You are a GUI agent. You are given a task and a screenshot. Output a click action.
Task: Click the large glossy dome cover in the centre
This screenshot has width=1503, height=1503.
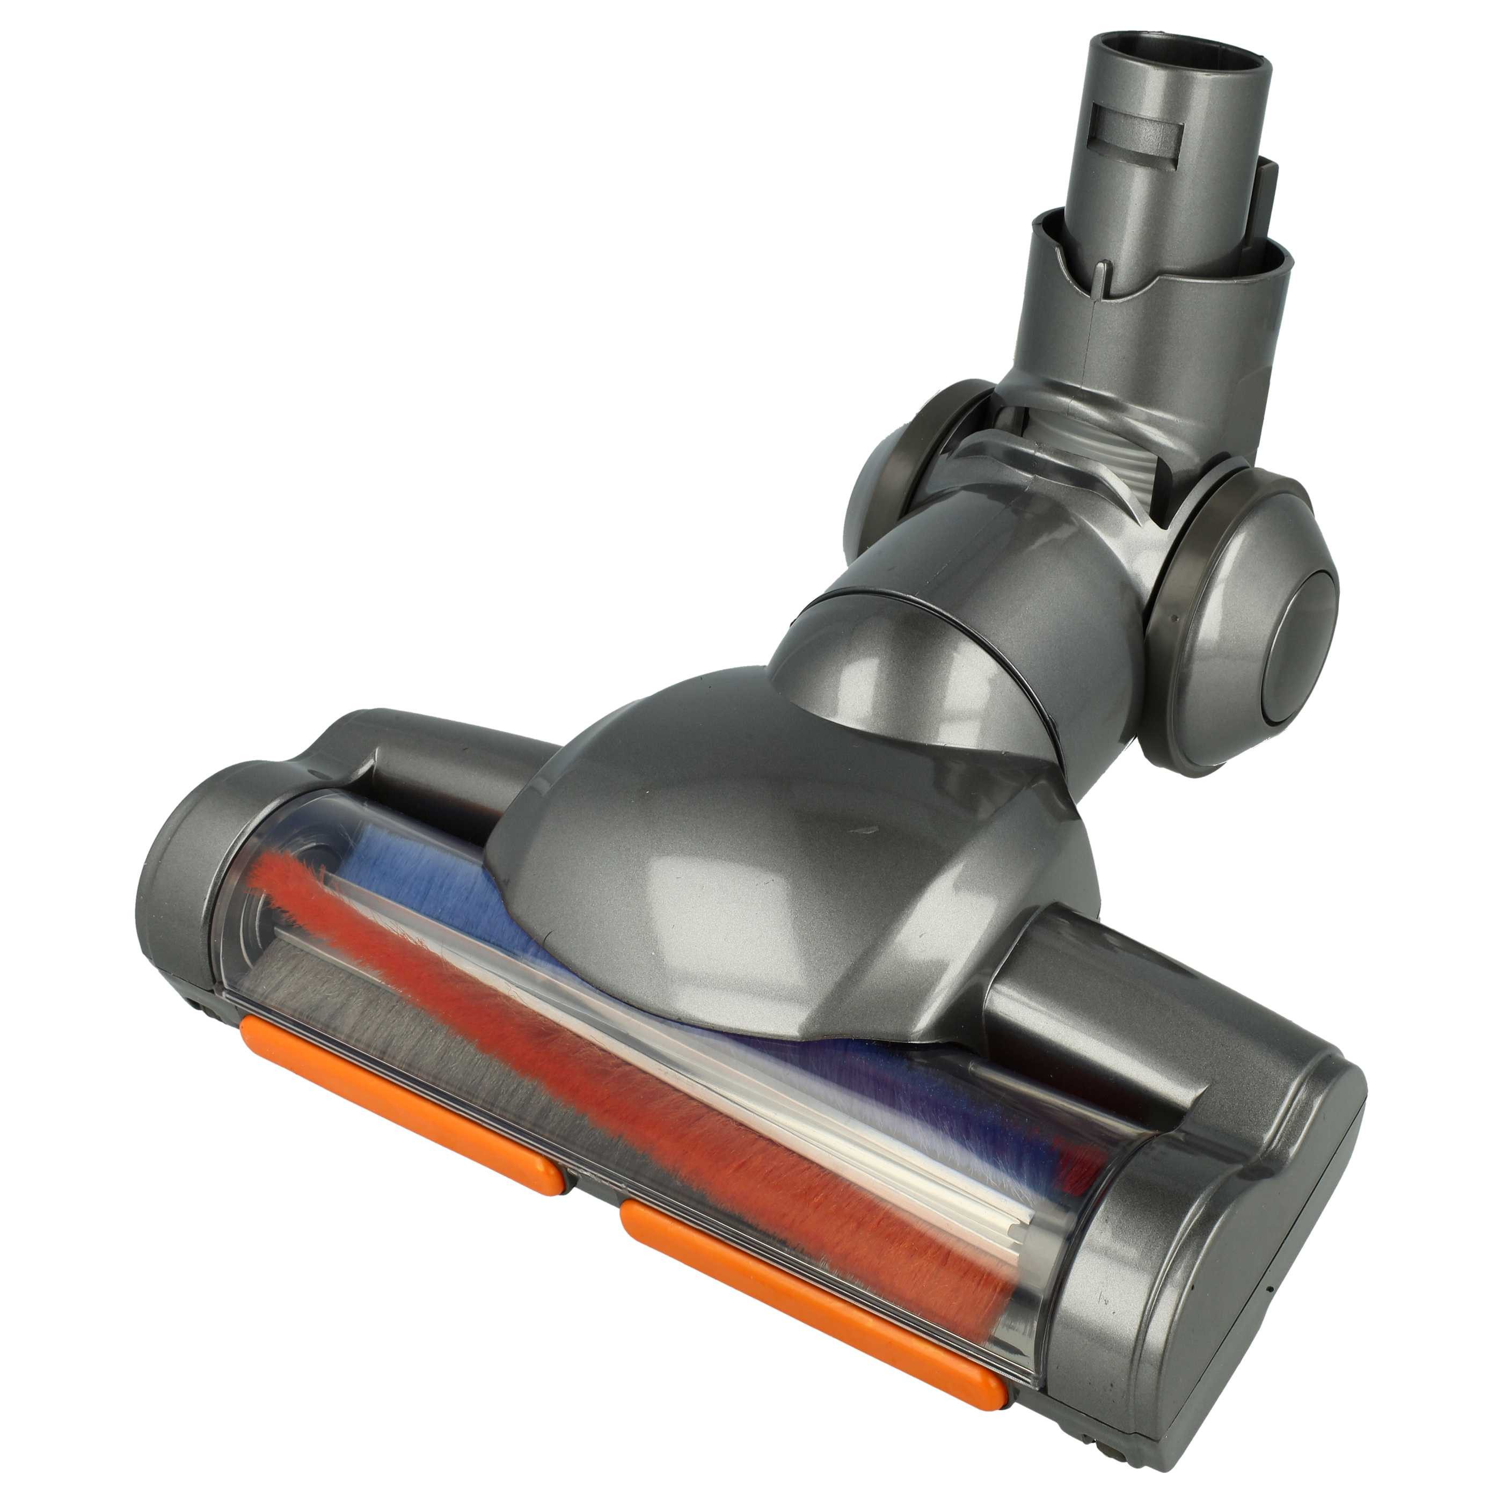pyautogui.click(x=747, y=879)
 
